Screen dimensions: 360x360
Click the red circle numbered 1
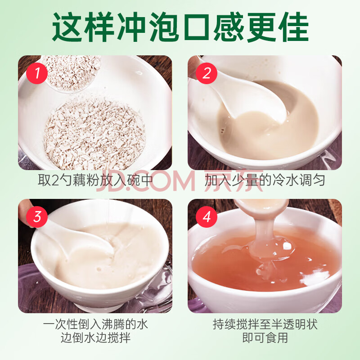(37, 73)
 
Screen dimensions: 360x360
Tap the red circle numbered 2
(207, 73)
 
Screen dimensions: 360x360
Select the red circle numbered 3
(37, 216)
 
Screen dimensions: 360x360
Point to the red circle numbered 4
(207, 216)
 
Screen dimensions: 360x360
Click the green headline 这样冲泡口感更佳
(180, 27)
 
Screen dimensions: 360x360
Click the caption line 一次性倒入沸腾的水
(95, 324)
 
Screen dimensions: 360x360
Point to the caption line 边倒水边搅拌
(95, 338)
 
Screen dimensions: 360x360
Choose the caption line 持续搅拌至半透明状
(265, 324)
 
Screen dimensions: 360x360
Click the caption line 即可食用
(265, 338)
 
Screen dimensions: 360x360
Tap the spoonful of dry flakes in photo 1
(72, 73)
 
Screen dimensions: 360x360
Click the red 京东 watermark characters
(234, 181)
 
